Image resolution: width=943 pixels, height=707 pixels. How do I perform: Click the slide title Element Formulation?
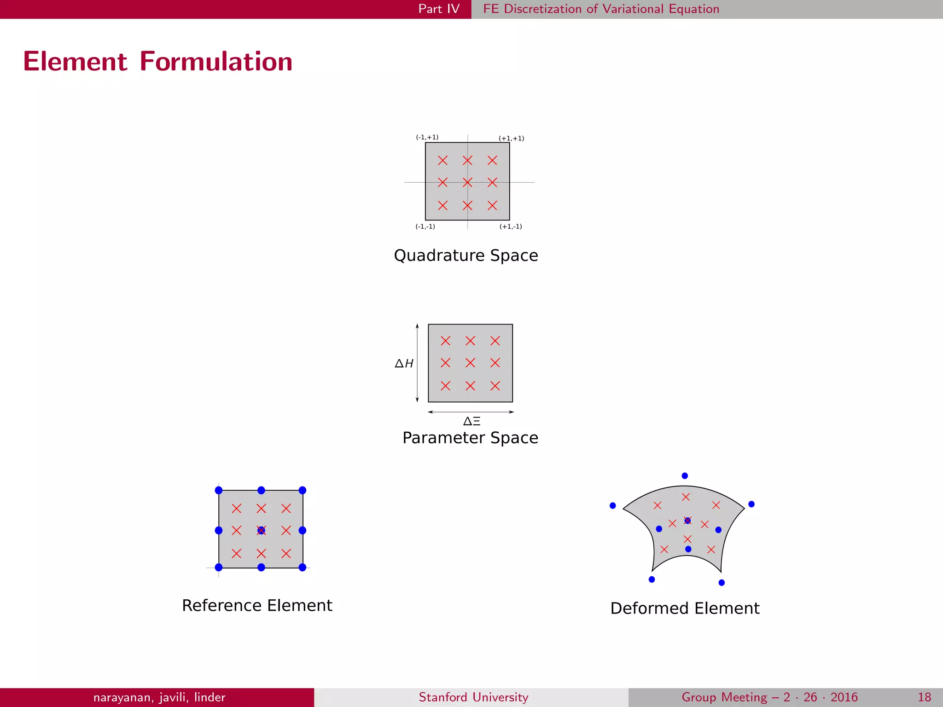pos(158,62)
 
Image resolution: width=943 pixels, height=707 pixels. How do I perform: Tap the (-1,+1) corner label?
pos(427,137)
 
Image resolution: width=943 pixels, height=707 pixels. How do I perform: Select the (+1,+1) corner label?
pos(511,138)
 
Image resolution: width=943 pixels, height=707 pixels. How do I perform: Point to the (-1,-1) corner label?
pos(425,226)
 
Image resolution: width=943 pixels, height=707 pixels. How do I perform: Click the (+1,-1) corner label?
pos(511,226)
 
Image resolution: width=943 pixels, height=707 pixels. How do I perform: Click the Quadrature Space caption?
pos(466,255)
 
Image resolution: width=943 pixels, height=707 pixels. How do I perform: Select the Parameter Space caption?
pos(470,438)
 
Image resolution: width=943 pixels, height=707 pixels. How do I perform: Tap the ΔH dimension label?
pos(404,364)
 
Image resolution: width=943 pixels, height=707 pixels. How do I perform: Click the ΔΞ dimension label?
pos(471,421)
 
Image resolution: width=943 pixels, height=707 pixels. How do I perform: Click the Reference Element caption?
pos(257,605)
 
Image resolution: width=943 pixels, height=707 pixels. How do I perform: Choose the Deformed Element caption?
pos(685,608)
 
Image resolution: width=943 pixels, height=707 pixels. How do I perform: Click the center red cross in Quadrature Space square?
pos(467,183)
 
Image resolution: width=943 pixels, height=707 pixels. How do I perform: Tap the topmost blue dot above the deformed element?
pos(685,476)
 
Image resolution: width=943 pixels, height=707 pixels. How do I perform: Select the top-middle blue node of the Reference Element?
pos(261,490)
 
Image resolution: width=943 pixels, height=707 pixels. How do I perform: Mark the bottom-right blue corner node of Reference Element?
pos(303,567)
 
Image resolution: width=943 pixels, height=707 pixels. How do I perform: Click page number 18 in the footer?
pos(924,697)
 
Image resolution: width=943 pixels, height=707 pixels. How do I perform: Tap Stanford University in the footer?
pos(473,697)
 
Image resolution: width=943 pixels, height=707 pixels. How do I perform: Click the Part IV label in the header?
pos(438,9)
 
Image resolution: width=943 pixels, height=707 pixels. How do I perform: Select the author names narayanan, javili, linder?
pos(159,697)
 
